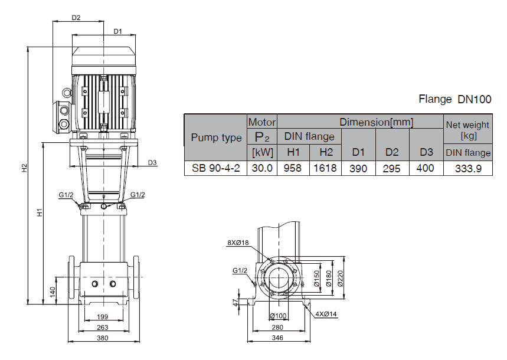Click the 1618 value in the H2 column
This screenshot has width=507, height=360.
326,168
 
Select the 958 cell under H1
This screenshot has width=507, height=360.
293,168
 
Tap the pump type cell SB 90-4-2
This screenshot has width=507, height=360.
216,168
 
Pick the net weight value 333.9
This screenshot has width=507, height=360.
467,168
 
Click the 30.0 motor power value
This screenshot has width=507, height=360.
261,168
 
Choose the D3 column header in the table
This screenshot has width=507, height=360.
426,152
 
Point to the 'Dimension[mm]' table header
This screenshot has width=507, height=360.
376,122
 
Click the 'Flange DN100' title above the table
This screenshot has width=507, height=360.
454,99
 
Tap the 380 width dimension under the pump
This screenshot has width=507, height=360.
103,338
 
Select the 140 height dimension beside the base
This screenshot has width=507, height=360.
53,291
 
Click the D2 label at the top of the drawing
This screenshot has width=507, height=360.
76,18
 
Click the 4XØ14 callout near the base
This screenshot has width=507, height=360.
326,314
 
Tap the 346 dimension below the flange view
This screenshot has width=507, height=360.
277,338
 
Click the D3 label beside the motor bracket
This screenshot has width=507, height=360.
152,163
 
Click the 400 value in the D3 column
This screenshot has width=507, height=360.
426,168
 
